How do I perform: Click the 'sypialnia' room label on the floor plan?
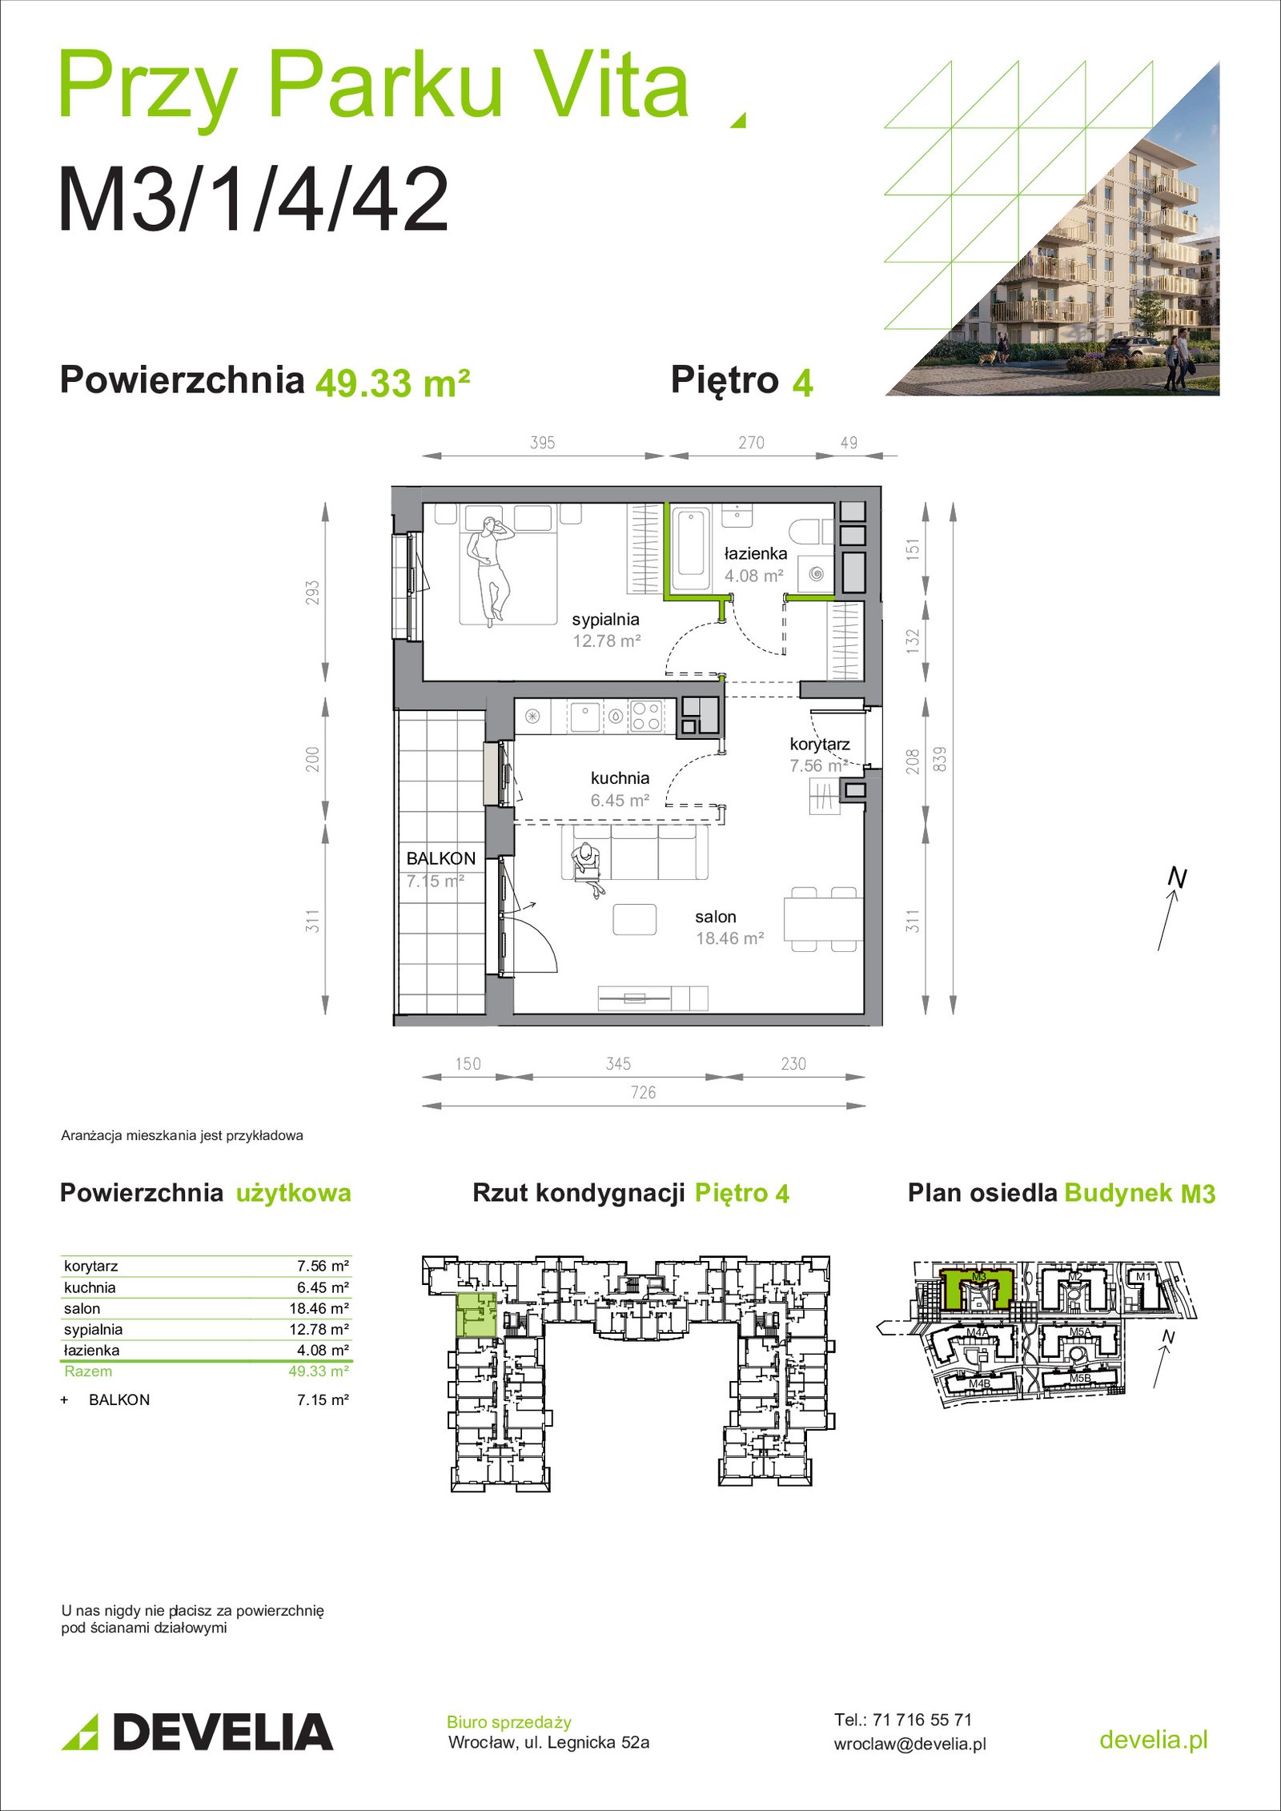click(x=605, y=620)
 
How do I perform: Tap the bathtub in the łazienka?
click(x=690, y=548)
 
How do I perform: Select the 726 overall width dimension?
click(x=643, y=1093)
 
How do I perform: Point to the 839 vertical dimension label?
click(x=940, y=759)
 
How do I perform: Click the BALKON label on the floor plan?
click(x=441, y=858)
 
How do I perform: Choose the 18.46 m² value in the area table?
click(x=319, y=1308)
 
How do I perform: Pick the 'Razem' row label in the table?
click(x=88, y=1371)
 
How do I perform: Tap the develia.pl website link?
click(x=1153, y=1739)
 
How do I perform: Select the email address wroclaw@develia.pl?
click(x=910, y=1744)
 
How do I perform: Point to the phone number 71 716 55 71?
click(x=922, y=1719)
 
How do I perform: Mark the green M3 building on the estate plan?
click(x=976, y=1287)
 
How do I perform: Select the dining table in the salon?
click(x=823, y=919)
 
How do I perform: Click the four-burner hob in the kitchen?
click(x=646, y=716)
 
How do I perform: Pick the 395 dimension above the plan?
click(x=543, y=443)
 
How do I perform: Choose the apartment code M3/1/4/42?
click(x=254, y=199)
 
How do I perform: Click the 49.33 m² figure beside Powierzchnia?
click(x=392, y=383)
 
